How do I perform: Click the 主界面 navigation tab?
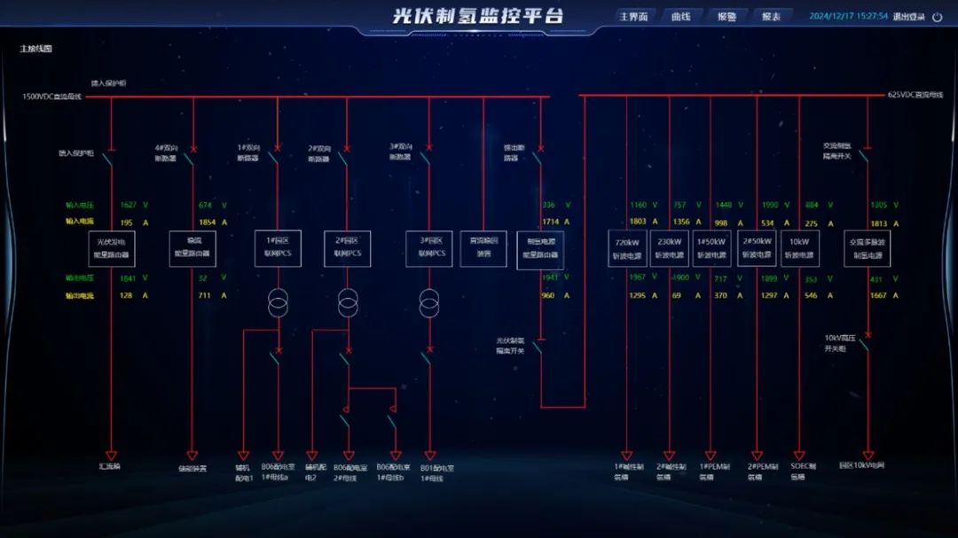[x=633, y=16]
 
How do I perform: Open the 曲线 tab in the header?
[x=680, y=16]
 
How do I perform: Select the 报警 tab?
[x=726, y=16]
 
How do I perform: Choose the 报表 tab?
[x=771, y=16]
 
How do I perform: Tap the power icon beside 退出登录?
[x=937, y=17]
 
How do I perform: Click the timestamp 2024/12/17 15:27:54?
[x=848, y=16]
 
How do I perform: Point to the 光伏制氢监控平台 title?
[x=478, y=16]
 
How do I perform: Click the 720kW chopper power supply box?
[x=627, y=248]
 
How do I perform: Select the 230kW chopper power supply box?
[x=669, y=248]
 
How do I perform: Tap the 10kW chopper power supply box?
[x=799, y=248]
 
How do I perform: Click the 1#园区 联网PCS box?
[x=278, y=248]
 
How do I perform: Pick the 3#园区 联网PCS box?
[x=429, y=248]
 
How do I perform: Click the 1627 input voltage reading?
[x=128, y=205]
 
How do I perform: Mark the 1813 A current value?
[x=879, y=222]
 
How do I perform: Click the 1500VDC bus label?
[x=51, y=96]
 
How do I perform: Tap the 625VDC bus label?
[x=915, y=95]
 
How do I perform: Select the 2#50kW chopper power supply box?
[x=757, y=248]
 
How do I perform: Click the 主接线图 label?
[x=36, y=49]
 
